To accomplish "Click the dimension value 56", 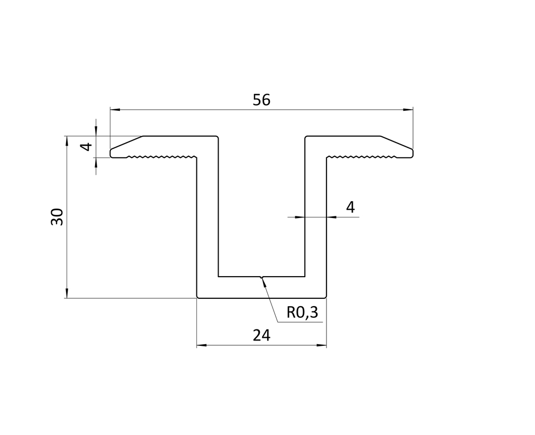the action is click(x=261, y=100).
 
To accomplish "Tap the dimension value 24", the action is click(x=261, y=336).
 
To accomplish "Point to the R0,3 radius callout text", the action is click(x=302, y=313).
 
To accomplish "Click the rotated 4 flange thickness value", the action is click(x=87, y=147).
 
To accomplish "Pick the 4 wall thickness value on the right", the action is click(x=350, y=207).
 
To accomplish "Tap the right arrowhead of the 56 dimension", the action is click(x=408, y=109).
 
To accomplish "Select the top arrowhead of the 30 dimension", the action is click(x=67, y=141).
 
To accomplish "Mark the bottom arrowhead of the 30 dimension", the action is click(x=67, y=294).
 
